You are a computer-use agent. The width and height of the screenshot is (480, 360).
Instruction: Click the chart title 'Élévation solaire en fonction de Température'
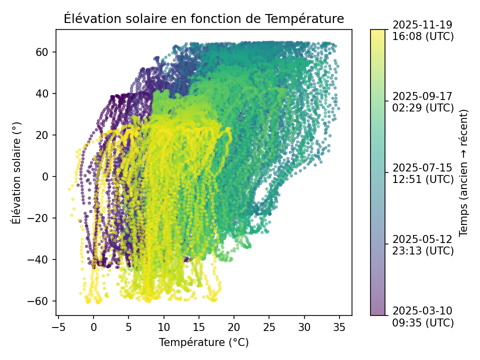204,18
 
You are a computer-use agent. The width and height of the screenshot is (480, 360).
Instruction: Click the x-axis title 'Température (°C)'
204,342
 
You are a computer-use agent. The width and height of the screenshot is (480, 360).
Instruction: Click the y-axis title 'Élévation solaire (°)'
16,172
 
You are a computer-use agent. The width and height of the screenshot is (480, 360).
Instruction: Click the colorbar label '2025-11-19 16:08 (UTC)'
423,30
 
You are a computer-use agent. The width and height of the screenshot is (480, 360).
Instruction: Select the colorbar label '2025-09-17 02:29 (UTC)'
423,101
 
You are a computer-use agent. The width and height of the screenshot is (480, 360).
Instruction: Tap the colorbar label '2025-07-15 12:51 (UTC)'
423,173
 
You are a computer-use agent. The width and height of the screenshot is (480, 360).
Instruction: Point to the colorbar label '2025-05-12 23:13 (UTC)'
423,244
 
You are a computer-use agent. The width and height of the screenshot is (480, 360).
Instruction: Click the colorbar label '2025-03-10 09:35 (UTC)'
423,316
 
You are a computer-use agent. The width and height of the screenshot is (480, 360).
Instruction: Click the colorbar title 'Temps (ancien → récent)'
463,172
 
